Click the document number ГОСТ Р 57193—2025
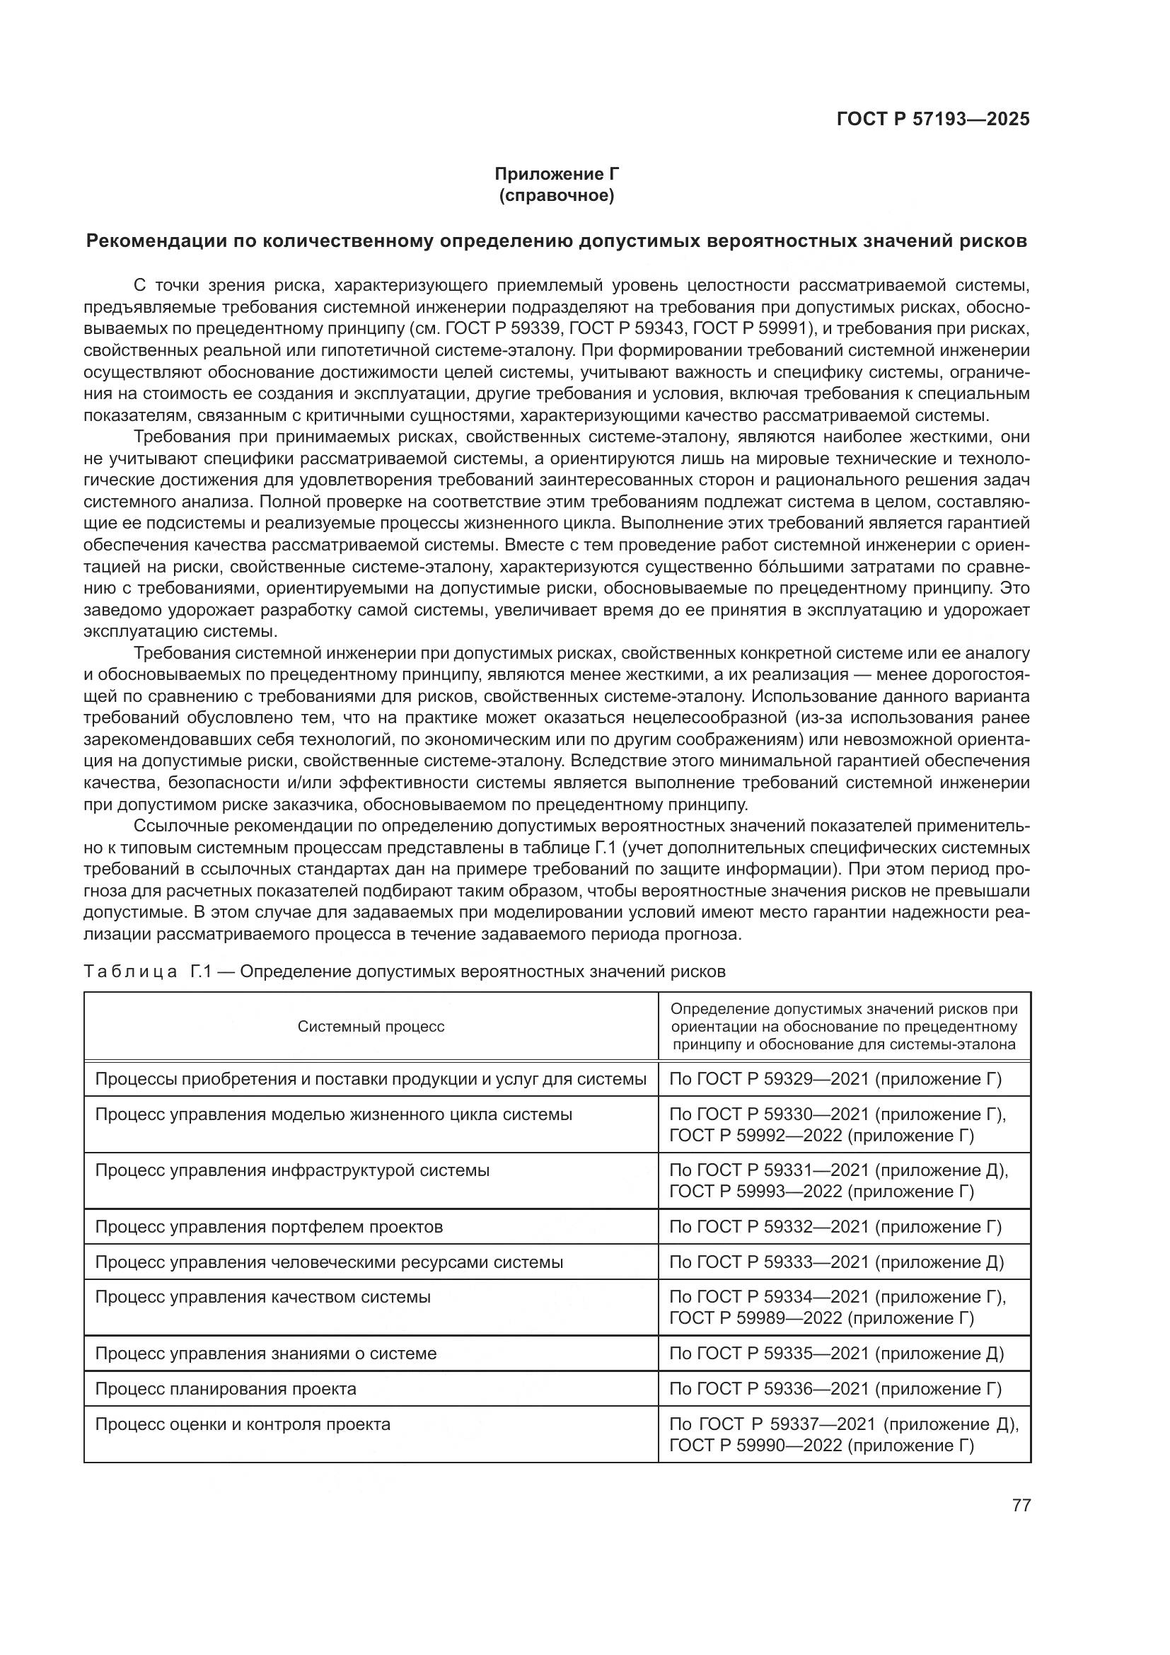(x=933, y=119)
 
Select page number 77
(x=1021, y=1505)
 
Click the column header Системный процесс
(x=371, y=1027)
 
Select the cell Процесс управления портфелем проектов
(x=269, y=1227)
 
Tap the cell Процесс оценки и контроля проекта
(x=243, y=1424)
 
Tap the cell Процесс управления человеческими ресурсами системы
(x=329, y=1262)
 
